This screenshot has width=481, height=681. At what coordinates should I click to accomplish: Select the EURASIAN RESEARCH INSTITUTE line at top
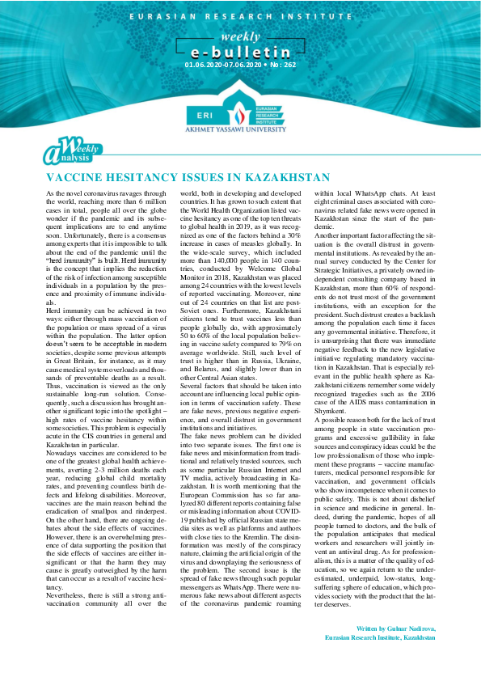pyautogui.click(x=240, y=15)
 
